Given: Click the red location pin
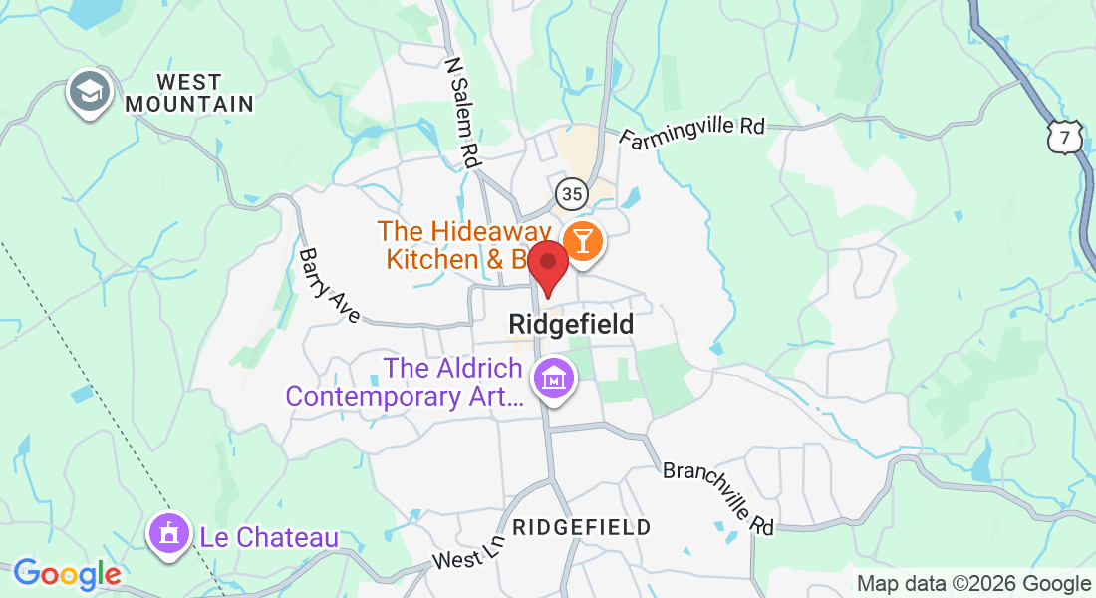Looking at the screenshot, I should [547, 265].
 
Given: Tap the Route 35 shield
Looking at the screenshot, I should [571, 192].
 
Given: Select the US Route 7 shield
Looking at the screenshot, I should [1065, 139].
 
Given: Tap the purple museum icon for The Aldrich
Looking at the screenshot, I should [551, 380].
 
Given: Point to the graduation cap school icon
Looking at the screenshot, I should [89, 92].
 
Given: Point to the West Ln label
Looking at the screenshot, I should [468, 552].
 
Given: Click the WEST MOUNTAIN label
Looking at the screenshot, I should [189, 92].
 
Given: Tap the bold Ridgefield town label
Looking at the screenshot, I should [571, 324].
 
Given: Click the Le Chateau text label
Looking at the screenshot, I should [269, 537].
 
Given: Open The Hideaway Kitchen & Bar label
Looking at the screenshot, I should [458, 245].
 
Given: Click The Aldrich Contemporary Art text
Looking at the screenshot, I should [408, 383].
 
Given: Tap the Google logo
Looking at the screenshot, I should [67, 574].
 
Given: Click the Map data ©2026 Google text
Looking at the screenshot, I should [973, 584].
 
